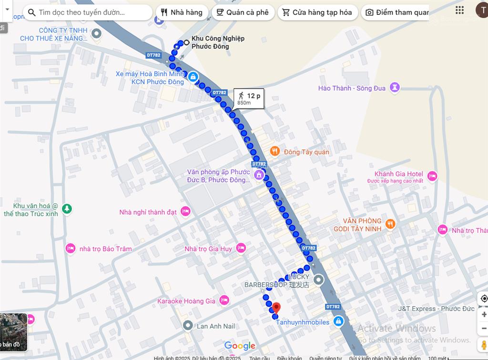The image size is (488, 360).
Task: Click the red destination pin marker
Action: [x=276, y=307]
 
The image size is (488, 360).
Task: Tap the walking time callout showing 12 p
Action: [x=249, y=99]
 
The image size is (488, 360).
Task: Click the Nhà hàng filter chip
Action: [x=182, y=12]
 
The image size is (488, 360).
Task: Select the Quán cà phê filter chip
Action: [x=243, y=12]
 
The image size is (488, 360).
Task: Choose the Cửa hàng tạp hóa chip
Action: [x=317, y=12]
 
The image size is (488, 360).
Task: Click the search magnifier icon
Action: [x=32, y=12]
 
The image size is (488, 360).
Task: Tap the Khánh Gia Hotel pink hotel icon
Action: [x=432, y=176]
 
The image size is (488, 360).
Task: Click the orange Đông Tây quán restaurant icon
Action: [x=274, y=152]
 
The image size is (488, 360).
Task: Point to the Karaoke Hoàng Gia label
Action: [x=186, y=301]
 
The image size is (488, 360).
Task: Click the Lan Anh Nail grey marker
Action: [x=188, y=326]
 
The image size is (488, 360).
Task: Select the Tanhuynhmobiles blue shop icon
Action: [x=338, y=322]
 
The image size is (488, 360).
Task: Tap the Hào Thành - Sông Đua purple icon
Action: [x=395, y=88]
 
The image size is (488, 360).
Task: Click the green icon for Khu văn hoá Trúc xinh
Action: [x=67, y=209]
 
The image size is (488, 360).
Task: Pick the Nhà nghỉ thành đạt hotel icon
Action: [x=186, y=211]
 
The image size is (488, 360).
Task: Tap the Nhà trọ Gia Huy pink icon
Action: [x=241, y=248]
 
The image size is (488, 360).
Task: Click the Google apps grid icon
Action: [x=459, y=10]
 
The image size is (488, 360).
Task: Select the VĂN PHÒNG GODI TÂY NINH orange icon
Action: [x=390, y=224]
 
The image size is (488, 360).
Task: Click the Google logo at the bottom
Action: [x=240, y=346]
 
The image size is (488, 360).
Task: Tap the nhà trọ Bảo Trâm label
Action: [x=105, y=249]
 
